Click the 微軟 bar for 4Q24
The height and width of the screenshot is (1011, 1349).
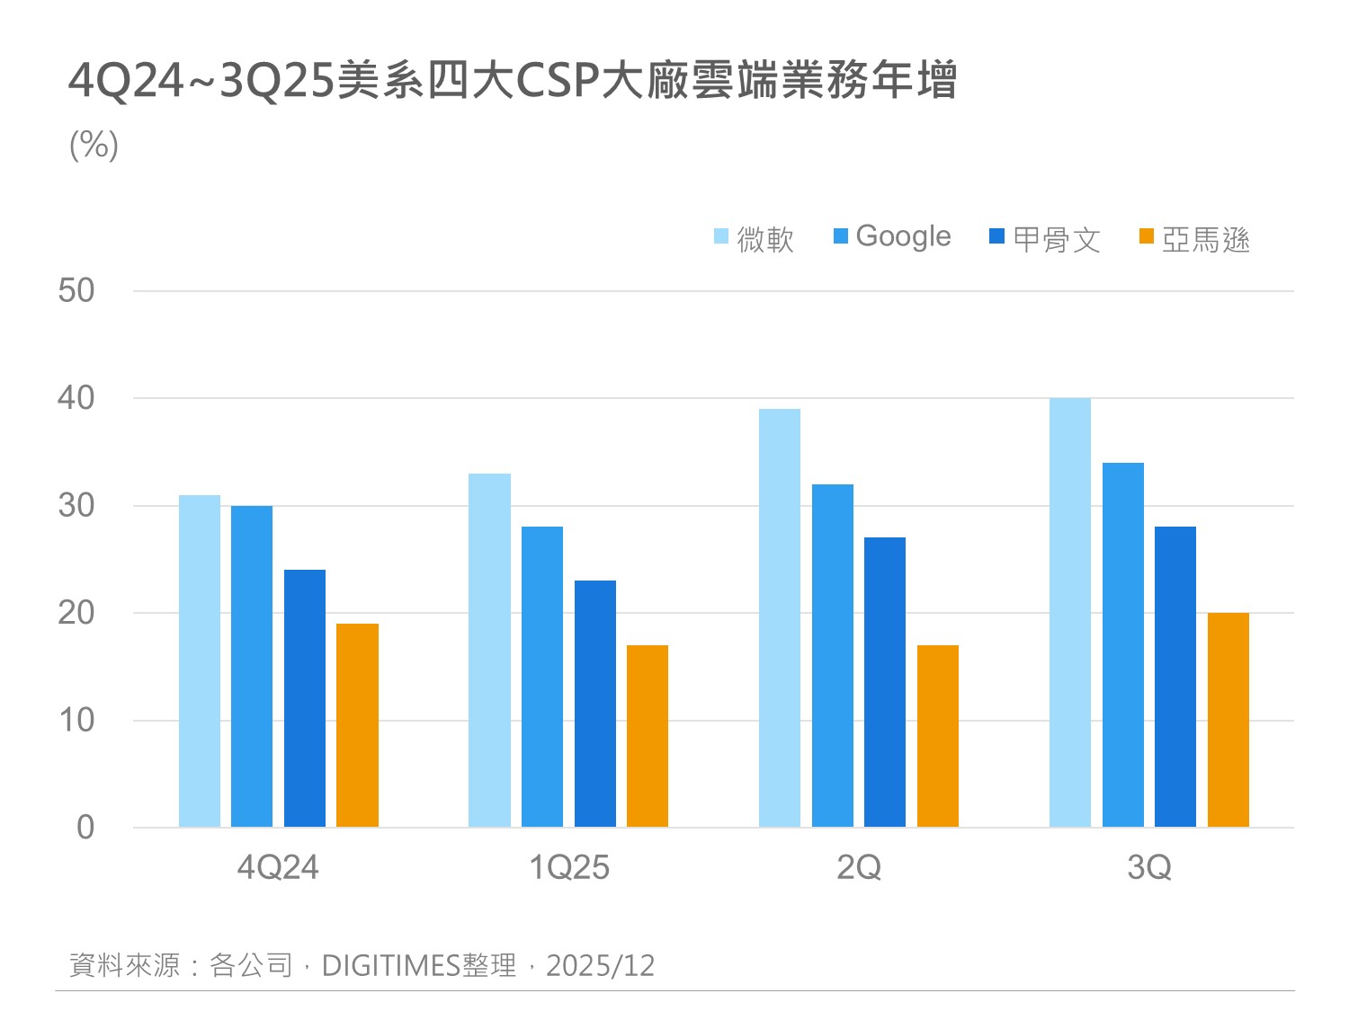[x=199, y=661]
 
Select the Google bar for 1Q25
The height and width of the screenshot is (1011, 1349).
[x=542, y=677]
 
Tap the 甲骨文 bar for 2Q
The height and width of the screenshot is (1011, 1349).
[x=885, y=682]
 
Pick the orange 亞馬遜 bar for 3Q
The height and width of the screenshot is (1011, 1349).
[x=1228, y=720]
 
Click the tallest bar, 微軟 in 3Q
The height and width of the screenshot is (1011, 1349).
[x=1069, y=612]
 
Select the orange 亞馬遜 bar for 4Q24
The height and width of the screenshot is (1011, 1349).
[x=357, y=725]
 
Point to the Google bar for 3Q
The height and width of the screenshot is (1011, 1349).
[x=1122, y=644]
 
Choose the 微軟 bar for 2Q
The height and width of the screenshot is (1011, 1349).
[x=780, y=618]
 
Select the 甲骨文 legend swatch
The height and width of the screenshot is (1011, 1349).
[x=996, y=236]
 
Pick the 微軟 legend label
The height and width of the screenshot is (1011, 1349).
[x=765, y=239]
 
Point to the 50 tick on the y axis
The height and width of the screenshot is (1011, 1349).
[x=76, y=290]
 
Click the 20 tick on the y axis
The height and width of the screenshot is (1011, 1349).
[x=76, y=613]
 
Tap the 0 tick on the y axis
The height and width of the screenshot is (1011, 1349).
[x=85, y=827]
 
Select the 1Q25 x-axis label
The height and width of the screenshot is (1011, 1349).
[x=568, y=867]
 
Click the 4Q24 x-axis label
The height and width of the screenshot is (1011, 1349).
[x=278, y=867]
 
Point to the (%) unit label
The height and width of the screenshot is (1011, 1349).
[x=94, y=145]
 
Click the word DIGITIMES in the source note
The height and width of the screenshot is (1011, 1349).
[x=391, y=965]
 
